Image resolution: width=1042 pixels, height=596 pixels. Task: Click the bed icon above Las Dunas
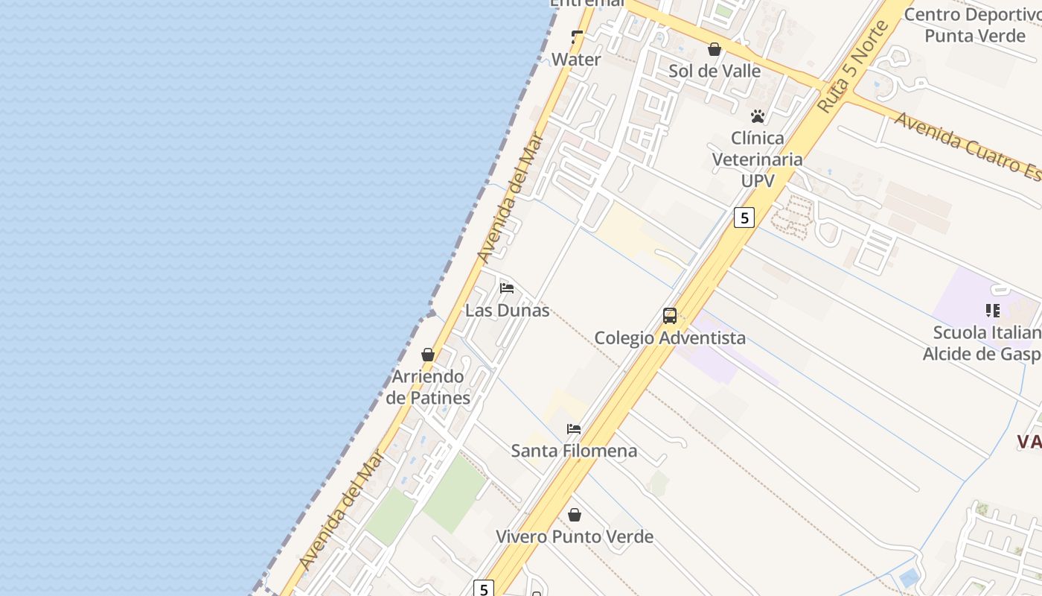(507, 288)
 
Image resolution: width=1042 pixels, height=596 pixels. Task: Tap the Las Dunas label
(507, 310)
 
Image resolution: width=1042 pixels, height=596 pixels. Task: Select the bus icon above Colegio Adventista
(670, 316)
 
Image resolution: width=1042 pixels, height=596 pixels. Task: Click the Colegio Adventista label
(669, 337)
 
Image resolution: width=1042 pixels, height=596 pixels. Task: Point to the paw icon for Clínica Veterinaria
(758, 116)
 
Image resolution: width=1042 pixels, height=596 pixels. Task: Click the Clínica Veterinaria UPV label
(758, 159)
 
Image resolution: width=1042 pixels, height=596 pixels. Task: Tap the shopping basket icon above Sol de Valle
(715, 49)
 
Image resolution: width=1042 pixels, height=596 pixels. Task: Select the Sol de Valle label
(715, 71)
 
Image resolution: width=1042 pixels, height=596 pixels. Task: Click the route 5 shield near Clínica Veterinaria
(744, 218)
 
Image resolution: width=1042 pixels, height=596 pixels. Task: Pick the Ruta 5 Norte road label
(853, 67)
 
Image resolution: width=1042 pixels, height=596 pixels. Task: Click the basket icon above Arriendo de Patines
(428, 355)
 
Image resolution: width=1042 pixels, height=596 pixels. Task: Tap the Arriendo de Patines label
(428, 387)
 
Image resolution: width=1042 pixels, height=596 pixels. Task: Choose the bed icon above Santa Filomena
(574, 429)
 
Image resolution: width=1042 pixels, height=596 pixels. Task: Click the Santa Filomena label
(574, 451)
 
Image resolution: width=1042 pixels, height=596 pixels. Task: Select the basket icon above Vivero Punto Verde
(575, 515)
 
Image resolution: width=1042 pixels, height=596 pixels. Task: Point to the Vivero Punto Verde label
(575, 536)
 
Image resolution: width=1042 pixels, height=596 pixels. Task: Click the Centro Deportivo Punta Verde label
(974, 25)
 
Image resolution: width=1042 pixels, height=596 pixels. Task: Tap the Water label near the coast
(576, 60)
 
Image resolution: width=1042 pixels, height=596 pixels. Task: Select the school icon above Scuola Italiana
(992, 310)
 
